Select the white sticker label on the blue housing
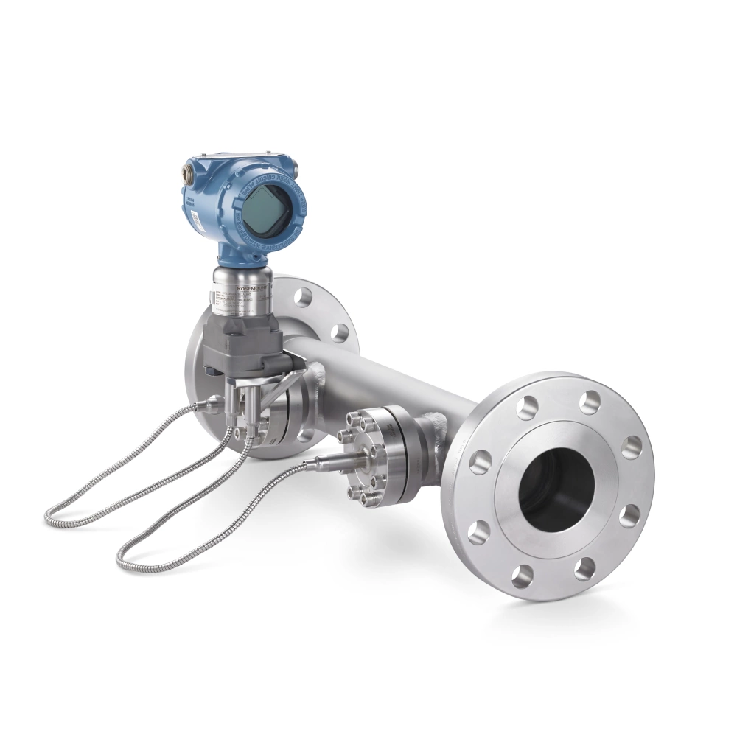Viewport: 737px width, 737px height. point(197,218)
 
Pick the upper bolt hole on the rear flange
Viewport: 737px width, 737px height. point(302,297)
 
